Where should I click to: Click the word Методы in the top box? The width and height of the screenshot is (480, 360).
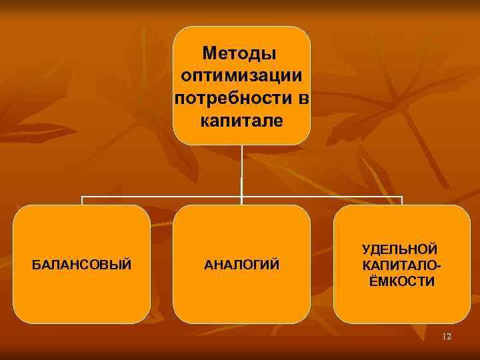(241, 52)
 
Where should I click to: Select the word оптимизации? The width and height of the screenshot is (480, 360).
(241, 75)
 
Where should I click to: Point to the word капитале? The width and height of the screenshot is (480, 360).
(241, 122)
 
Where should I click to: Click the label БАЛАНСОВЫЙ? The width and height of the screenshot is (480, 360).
(82, 265)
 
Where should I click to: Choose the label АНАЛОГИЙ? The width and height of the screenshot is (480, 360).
(241, 265)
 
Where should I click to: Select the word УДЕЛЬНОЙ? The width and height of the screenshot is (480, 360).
(400, 249)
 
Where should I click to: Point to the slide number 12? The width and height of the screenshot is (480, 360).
(447, 337)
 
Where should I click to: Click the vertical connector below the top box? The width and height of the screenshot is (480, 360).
(241, 170)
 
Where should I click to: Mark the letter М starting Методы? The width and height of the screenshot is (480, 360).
(210, 52)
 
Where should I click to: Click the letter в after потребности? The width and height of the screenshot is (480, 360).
(303, 99)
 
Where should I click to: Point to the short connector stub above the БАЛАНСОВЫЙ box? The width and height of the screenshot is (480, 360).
(82, 201)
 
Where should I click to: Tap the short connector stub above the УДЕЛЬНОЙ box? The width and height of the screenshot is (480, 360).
(402, 201)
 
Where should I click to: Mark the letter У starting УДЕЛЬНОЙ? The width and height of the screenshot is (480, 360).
(367, 249)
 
